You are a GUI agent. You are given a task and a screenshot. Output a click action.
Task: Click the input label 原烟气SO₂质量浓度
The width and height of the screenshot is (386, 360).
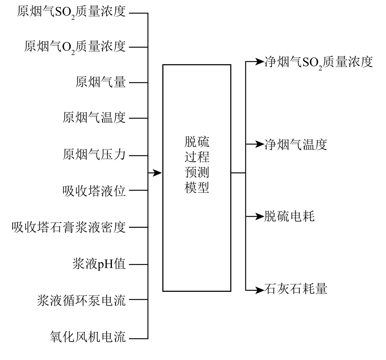tap(71, 12)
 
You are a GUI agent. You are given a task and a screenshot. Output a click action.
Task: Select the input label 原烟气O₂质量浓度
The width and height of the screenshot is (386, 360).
tap(75, 47)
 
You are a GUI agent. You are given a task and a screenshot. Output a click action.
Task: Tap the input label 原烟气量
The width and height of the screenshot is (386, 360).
tap(100, 82)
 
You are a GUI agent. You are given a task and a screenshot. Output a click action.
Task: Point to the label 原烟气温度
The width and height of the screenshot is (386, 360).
tap(94, 118)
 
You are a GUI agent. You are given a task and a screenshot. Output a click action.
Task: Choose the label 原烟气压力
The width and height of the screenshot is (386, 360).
tap(94, 155)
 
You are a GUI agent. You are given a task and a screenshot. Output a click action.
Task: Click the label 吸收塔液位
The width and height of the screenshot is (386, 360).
tap(94, 191)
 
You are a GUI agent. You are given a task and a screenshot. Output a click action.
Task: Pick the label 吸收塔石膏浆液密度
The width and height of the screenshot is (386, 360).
tap(69, 227)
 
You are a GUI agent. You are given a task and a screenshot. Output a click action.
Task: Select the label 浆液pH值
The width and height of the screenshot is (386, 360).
tap(99, 264)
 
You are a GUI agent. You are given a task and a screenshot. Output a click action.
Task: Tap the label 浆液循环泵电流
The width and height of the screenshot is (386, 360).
tap(81, 300)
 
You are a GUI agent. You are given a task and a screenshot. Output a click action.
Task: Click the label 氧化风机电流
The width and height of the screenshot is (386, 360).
tap(88, 337)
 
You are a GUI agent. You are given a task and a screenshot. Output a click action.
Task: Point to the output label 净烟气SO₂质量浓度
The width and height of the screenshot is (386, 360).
tap(319, 62)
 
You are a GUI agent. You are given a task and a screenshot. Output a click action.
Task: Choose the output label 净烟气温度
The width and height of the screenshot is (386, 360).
tap(296, 144)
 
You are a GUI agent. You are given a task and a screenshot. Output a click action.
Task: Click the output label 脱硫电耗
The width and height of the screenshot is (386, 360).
tap(290, 216)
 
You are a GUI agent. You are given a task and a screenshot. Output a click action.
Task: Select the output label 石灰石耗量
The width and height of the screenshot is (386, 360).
tap(296, 289)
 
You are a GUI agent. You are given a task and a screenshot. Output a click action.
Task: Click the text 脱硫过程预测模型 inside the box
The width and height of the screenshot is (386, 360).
tap(197, 164)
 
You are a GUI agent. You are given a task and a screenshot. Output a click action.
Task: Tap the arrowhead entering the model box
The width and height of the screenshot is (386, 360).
tap(157, 173)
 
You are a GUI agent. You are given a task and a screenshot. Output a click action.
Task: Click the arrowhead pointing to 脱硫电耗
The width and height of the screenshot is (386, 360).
tap(259, 217)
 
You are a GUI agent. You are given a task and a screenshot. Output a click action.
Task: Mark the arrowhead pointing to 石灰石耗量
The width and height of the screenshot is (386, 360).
tap(259, 290)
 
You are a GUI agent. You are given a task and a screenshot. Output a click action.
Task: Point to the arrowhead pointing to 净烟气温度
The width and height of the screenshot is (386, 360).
tap(259, 144)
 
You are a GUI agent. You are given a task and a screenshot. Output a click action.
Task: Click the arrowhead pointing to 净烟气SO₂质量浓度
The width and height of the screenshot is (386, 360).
tap(259, 62)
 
